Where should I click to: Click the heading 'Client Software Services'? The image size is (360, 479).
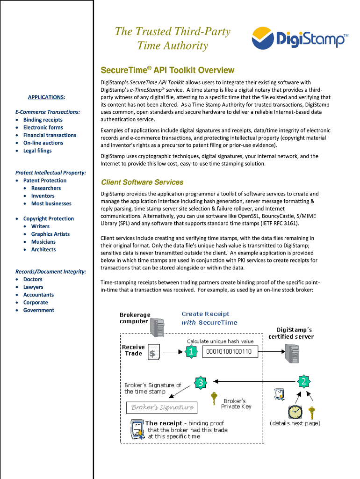142,182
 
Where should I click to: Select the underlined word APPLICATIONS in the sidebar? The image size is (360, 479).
45,97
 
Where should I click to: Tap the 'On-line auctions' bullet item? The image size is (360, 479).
43,143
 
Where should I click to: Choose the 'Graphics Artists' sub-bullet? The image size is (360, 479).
50,234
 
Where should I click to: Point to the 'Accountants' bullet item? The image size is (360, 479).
38,295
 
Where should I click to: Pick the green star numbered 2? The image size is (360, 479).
303,382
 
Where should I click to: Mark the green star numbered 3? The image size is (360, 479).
200,382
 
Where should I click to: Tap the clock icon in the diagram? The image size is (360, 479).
295,412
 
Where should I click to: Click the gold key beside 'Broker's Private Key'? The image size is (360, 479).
214,398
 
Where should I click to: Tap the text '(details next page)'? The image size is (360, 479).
295,423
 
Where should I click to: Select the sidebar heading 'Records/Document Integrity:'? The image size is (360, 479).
50,272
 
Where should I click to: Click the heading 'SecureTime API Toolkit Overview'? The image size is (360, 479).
167,70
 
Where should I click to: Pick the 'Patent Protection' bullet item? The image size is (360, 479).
45,181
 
